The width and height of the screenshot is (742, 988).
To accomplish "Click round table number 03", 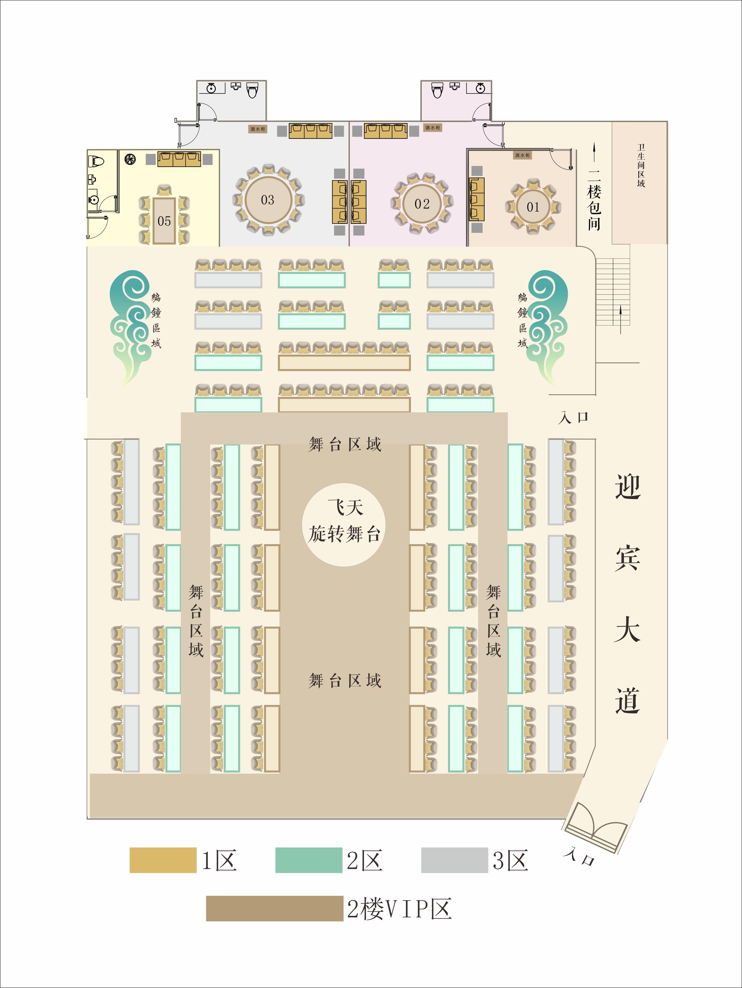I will click(268, 200).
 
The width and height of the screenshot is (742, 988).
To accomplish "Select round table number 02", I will click(422, 204).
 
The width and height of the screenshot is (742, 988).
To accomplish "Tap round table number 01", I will click(533, 207).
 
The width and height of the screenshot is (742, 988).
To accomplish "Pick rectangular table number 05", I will click(164, 221).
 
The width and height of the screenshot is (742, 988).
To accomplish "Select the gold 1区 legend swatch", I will click(163, 860).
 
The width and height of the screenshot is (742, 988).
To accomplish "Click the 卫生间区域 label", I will click(641, 165).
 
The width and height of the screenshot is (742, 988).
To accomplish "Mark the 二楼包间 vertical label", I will click(594, 199).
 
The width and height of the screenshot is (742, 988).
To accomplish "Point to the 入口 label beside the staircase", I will click(573, 418).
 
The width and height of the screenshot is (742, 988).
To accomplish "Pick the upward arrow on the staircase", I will click(621, 319).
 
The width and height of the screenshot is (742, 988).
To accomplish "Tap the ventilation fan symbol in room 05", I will click(130, 159).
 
